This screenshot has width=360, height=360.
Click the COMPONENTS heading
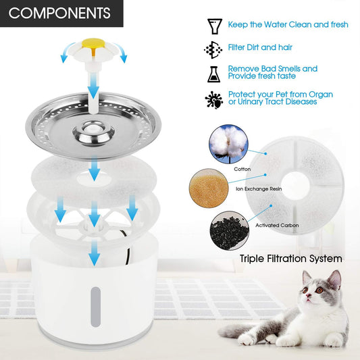tap(59, 13)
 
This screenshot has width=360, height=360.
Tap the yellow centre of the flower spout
tap(93, 44)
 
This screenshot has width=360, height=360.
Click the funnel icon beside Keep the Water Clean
tap(214, 26)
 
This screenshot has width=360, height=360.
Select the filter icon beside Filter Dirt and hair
tap(213, 49)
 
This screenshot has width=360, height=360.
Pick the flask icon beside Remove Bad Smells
tap(213, 74)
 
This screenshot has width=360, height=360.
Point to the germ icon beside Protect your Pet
tap(214, 100)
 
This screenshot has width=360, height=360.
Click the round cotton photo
tap(228, 144)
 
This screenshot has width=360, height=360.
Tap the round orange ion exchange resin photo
tap(209, 188)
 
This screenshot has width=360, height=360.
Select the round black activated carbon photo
tap(230, 231)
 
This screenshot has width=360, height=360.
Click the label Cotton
tap(242, 170)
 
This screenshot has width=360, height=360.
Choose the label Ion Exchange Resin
tap(259, 188)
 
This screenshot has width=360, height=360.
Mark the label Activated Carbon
tap(277, 225)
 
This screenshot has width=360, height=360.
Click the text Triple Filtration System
tap(291, 259)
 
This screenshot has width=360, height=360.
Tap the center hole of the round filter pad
tap(295, 186)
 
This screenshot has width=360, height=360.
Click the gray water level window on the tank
tap(96, 307)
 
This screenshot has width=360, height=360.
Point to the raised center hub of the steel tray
tap(93, 132)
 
